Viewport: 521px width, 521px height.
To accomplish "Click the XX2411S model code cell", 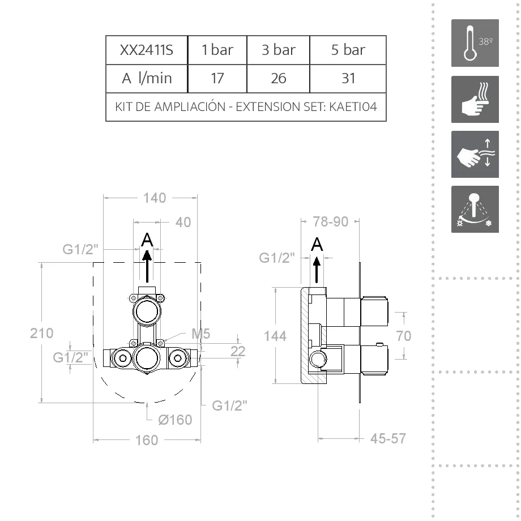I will click(146, 50).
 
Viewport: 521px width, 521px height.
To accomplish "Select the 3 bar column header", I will click(278, 50).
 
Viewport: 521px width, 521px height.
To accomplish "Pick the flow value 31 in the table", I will click(348, 78).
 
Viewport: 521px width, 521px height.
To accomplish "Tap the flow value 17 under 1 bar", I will click(217, 78).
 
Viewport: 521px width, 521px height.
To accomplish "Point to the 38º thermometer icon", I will click(475, 43).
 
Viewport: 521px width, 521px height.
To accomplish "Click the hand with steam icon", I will click(475, 99).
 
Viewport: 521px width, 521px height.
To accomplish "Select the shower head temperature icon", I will click(475, 209).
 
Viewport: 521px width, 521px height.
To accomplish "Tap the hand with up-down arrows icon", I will click(475, 154).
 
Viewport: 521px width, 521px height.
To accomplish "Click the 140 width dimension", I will click(155, 198).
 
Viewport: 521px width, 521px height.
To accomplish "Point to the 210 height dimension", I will click(42, 333).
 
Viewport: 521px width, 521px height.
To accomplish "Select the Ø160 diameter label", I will click(175, 420).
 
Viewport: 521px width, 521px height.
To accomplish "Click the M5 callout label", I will click(201, 334).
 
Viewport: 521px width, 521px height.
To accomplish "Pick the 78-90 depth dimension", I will click(331, 221).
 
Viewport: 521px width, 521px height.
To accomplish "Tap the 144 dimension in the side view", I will click(275, 336).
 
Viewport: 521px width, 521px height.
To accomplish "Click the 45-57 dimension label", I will click(388, 438).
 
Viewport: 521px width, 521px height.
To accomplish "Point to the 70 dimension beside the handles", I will click(403, 336).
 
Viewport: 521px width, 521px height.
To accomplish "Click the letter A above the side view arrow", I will click(317, 244).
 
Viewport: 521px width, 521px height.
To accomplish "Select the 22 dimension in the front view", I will click(238, 351).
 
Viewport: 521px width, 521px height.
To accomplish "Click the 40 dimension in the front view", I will click(183, 222).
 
